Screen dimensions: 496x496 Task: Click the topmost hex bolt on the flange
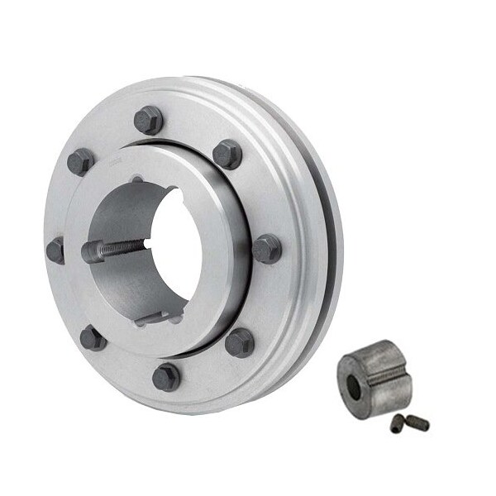click(149, 121)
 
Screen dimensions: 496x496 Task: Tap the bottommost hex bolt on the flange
click(166, 376)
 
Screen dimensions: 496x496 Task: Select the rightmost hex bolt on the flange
click(266, 248)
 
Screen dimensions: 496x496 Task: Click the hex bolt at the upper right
click(227, 154)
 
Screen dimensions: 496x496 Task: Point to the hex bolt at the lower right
click(240, 342)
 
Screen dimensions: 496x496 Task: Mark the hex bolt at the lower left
click(93, 337)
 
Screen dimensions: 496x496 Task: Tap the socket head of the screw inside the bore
click(92, 251)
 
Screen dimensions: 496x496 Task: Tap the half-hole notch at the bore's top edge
click(137, 179)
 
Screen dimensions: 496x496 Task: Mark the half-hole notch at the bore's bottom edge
click(148, 317)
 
